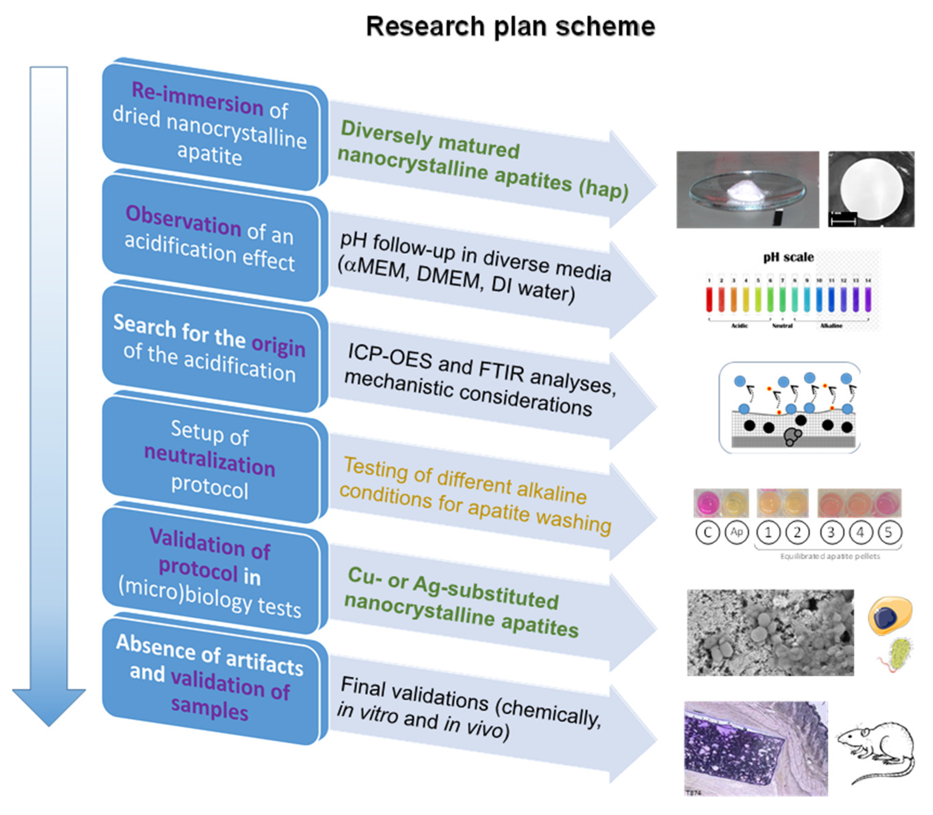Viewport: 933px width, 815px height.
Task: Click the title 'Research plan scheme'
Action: coord(510,26)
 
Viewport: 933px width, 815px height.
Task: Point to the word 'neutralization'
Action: coord(210,460)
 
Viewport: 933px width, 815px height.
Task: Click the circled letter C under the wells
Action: coord(707,532)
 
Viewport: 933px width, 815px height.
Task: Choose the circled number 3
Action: coord(831,532)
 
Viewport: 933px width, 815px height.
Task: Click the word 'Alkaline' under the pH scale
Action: coord(831,326)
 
